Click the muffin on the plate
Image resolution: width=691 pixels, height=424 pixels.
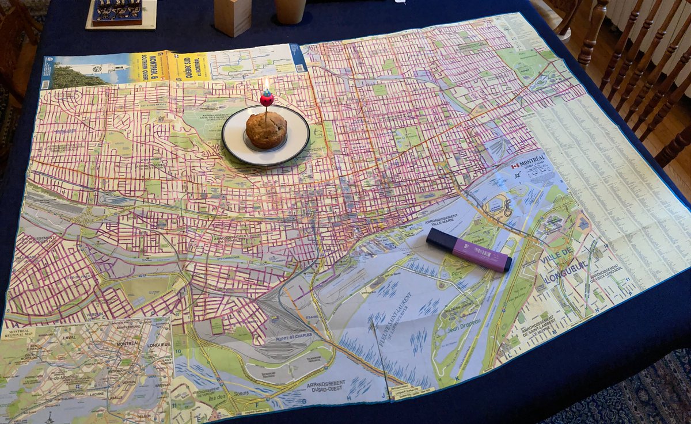pos(266,130)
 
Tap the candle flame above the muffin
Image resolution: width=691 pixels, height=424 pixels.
pos(266,85)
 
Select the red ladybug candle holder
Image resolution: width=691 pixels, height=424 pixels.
pos(266,99)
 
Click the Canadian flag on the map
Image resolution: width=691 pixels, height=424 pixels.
pos(515,166)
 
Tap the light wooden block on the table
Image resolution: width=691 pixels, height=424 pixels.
pos(233,17)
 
